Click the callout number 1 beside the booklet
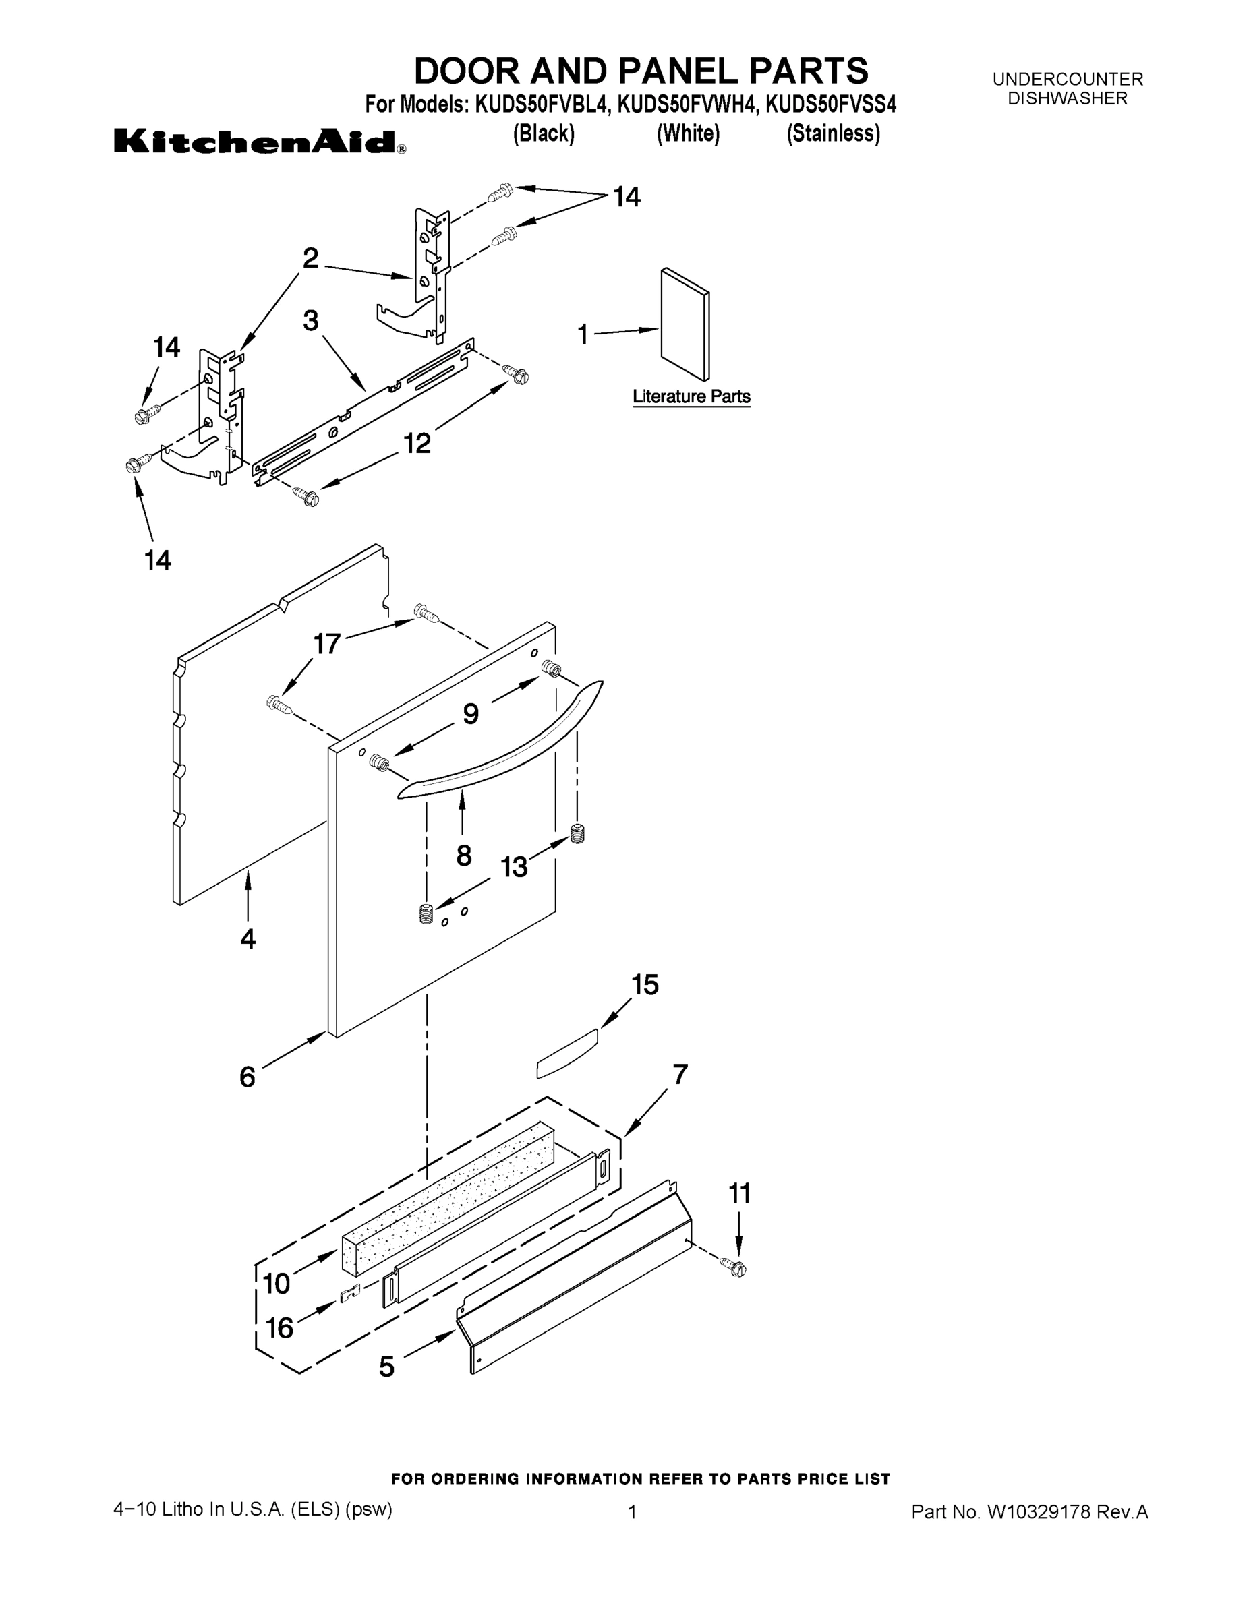click(583, 335)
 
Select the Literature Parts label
click(691, 397)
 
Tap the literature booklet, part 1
click(685, 324)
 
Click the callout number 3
click(310, 321)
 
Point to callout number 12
click(417, 443)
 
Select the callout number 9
click(471, 713)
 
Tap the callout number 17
click(327, 644)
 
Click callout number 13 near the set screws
click(514, 866)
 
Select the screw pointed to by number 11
click(737, 1268)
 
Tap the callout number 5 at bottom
click(386, 1367)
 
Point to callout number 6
click(248, 1077)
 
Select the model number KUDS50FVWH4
click(687, 105)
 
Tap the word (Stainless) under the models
click(833, 133)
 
